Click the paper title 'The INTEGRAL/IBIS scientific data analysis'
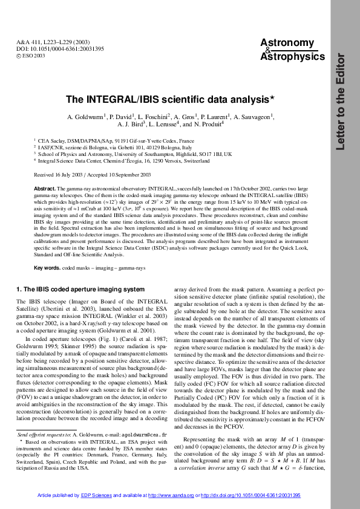pyautogui.click(x=171, y=99)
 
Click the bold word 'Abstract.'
pyautogui.click(x=47, y=189)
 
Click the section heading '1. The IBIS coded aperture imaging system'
pyautogui.click(x=80, y=290)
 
